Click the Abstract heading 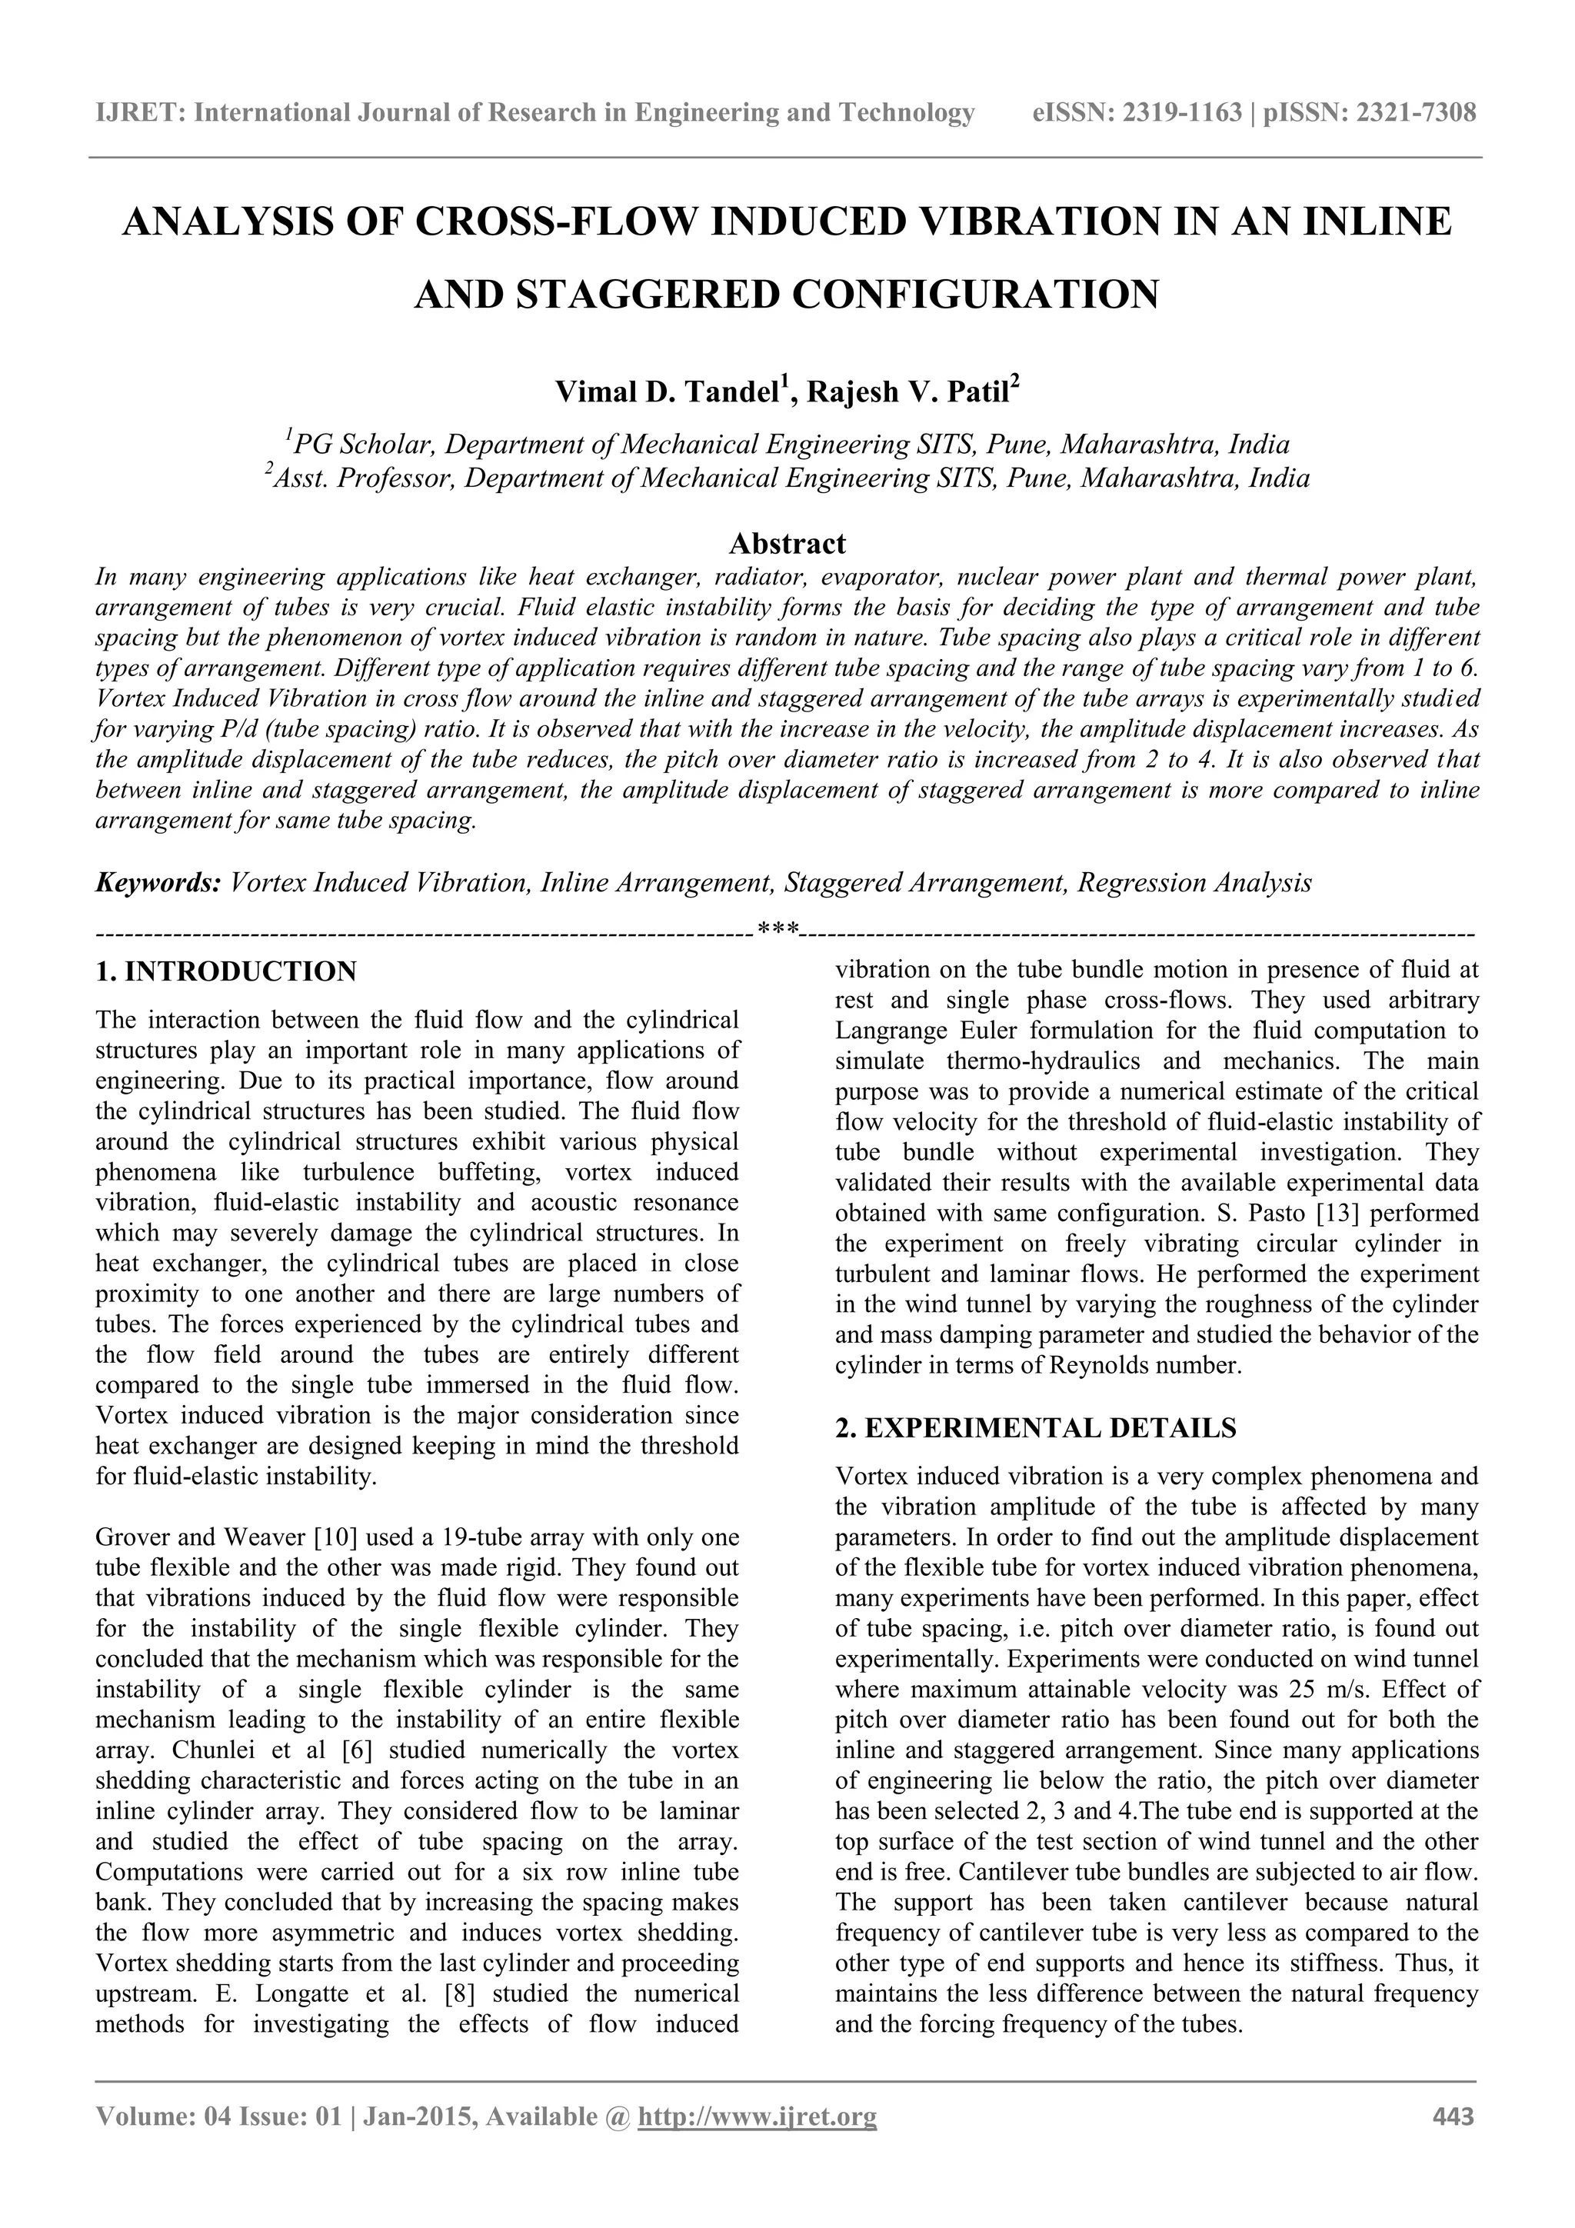click(x=787, y=541)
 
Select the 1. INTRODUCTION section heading click(x=226, y=971)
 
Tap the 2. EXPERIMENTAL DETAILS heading click(x=1035, y=1427)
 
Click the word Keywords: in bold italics click(x=158, y=883)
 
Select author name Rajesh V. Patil click(x=908, y=392)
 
